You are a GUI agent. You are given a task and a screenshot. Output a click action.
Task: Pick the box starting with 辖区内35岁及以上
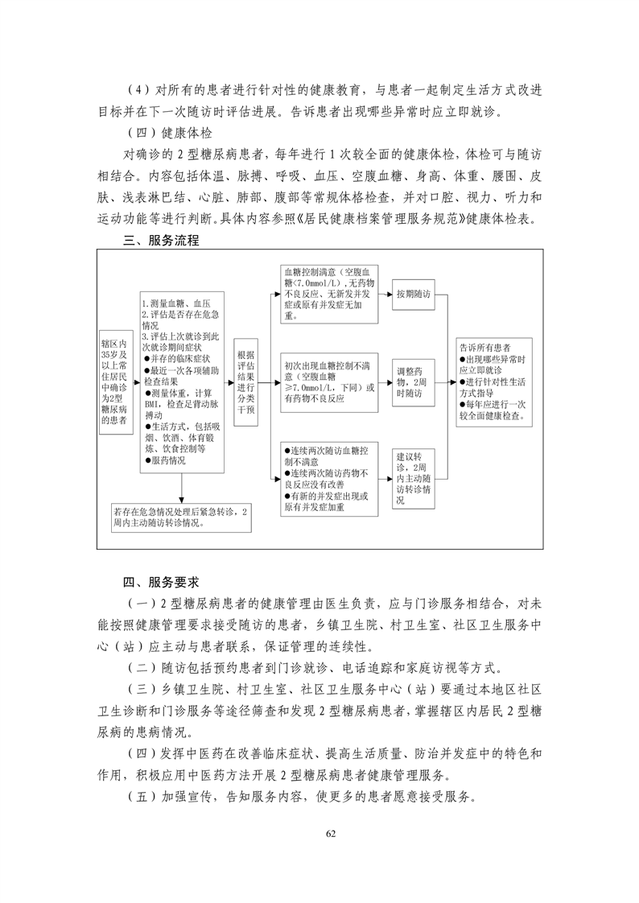coord(114,381)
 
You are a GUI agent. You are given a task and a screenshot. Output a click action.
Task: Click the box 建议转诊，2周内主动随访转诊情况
coord(412,478)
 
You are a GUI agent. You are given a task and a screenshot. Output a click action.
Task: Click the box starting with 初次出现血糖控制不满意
coord(328,381)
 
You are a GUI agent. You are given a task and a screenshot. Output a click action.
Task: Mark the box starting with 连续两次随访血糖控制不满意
coord(328,478)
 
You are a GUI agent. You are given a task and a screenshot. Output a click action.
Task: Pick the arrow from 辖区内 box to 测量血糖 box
coord(134,381)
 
